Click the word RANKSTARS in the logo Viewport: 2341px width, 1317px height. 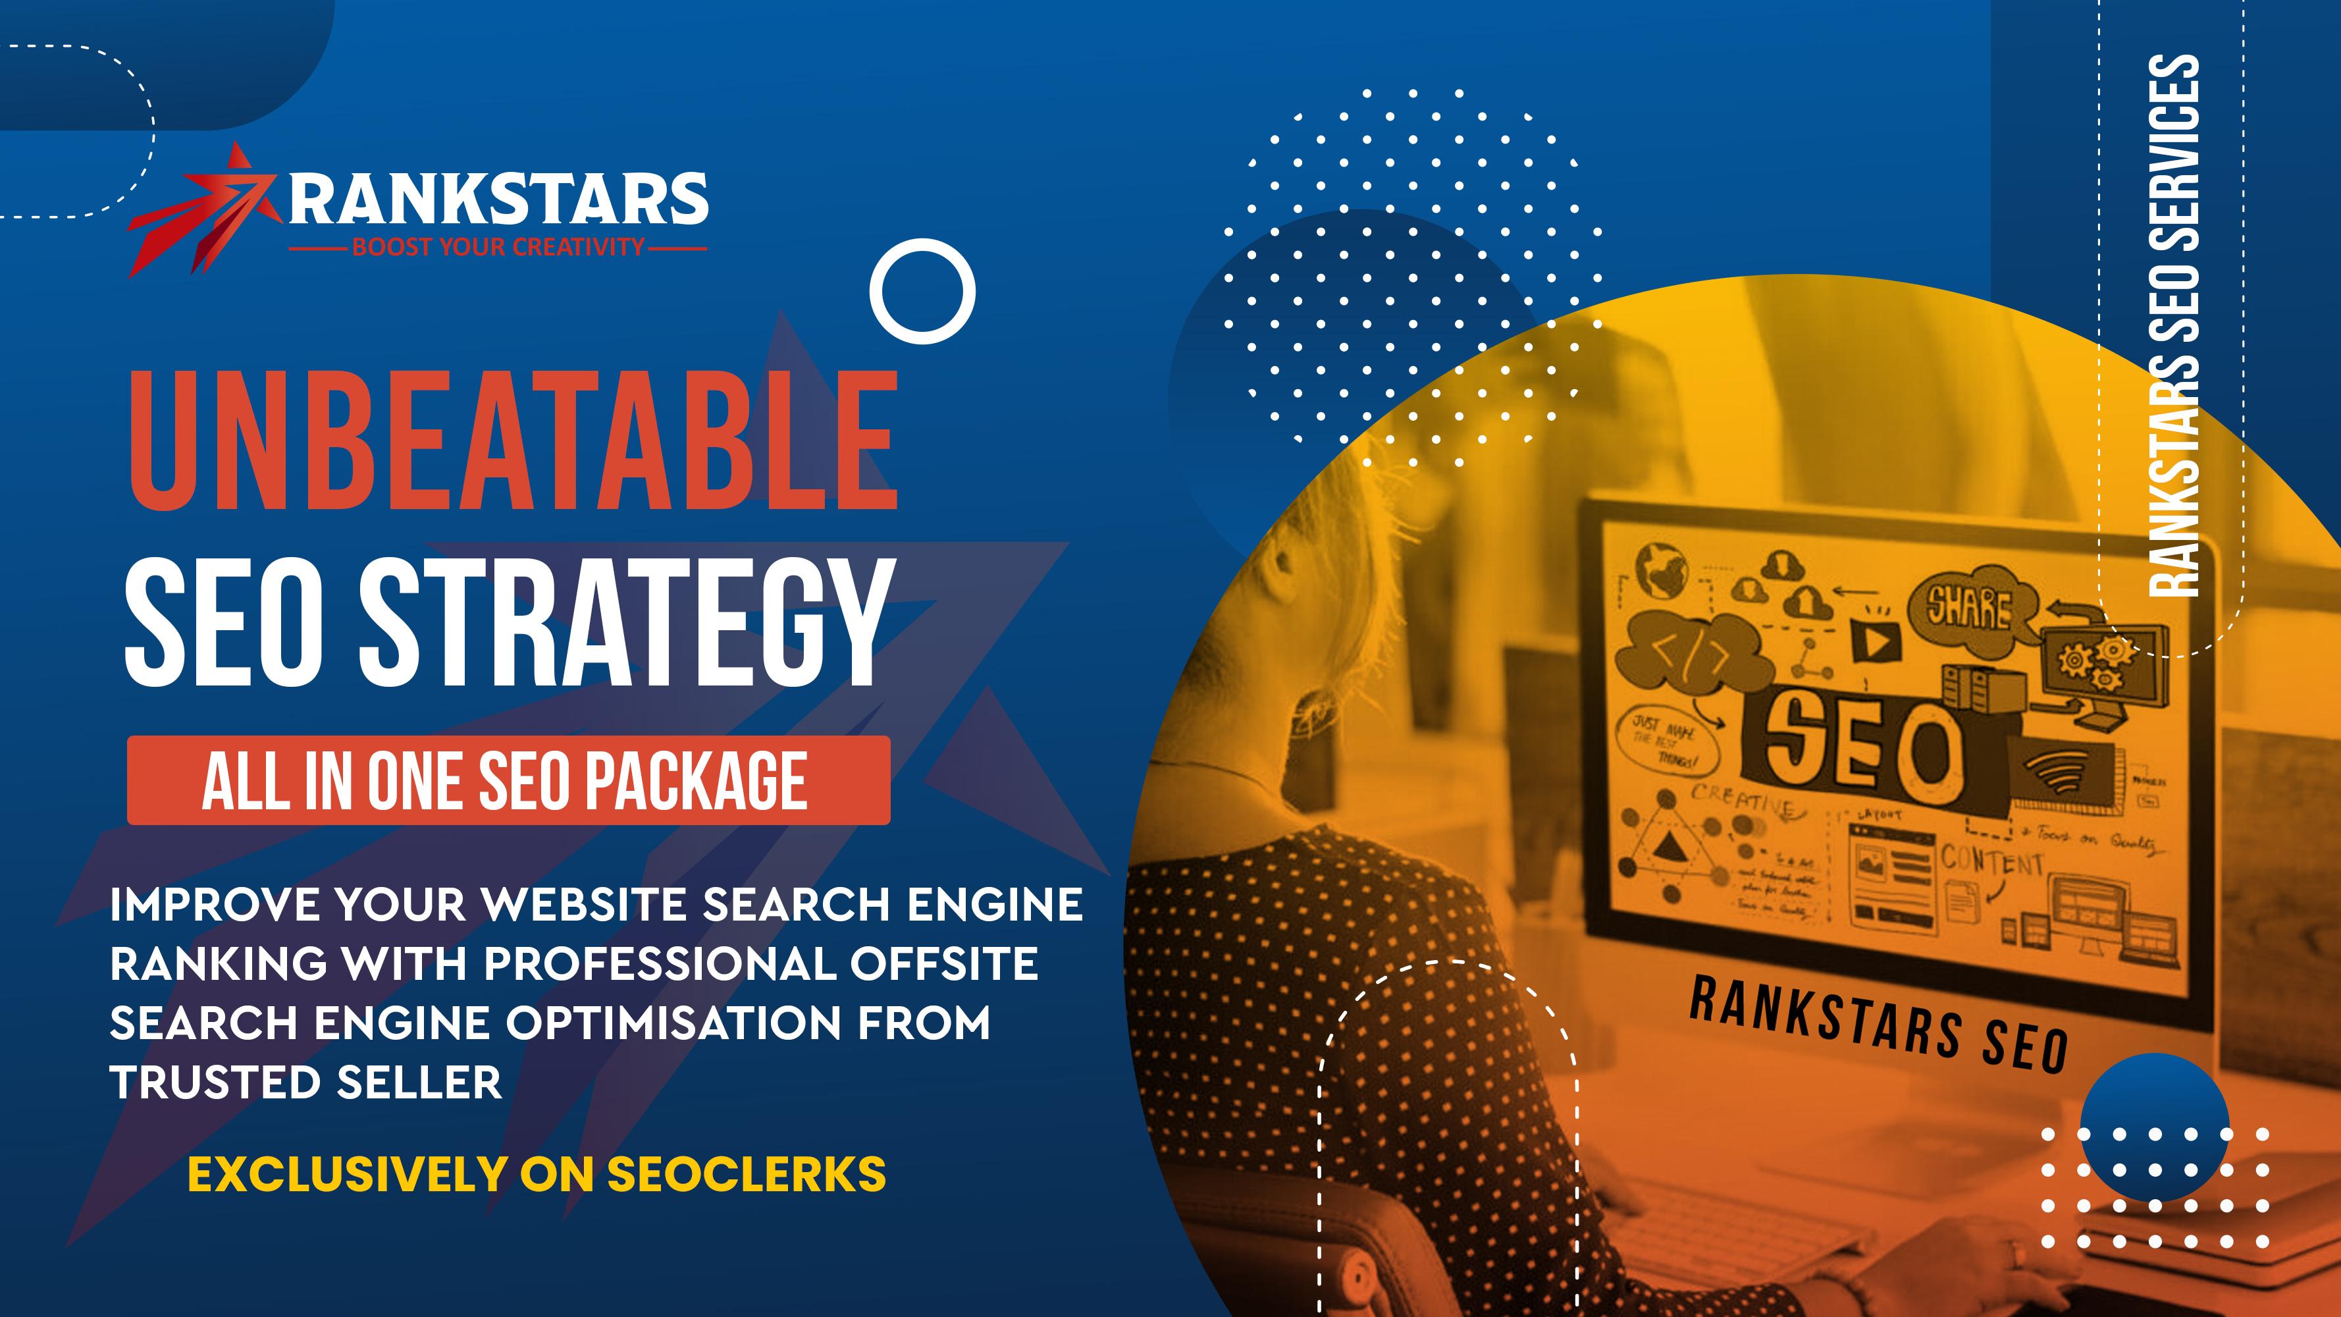pyautogui.click(x=498, y=200)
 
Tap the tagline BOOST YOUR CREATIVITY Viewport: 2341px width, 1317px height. pyautogui.click(x=498, y=247)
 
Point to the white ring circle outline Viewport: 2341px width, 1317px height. pyautogui.click(x=922, y=291)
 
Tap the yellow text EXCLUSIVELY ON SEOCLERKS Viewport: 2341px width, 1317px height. pyautogui.click(x=536, y=1173)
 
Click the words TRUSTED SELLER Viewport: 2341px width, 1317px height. pyautogui.click(x=305, y=1083)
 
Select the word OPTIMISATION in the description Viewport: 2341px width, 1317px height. pyautogui.click(x=673, y=1023)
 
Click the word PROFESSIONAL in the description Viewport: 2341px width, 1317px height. pyautogui.click(x=659, y=963)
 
